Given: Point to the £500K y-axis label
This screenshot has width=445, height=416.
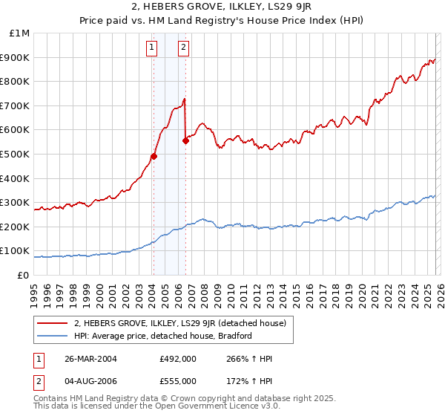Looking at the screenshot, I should point(15,155).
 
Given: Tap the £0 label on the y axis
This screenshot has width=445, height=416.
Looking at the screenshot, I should point(22,275).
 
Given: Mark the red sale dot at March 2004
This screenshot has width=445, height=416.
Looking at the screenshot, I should point(154,156).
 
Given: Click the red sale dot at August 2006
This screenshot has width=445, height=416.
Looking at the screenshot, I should point(185,141).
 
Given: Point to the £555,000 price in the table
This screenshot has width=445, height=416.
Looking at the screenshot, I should point(177,380).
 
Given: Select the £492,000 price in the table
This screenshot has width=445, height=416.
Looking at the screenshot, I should point(177,358).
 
